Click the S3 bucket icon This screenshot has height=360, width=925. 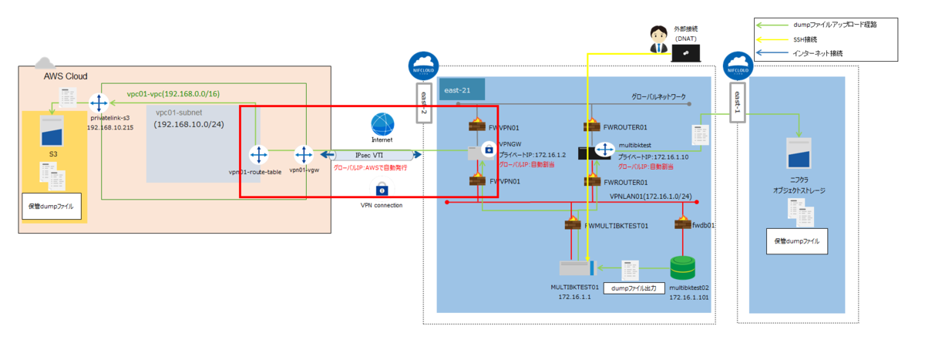coord(52,143)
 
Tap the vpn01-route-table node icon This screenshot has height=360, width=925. coord(257,153)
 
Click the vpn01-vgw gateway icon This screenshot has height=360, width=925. coord(302,153)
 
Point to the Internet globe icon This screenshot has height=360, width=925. coord(382,125)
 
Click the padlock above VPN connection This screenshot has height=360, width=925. coord(382,188)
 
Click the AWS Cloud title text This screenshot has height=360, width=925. coord(66,76)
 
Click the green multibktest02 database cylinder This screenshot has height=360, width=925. coord(682,268)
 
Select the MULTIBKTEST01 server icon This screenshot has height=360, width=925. coord(577,268)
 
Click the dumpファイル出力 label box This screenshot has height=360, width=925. coord(633,288)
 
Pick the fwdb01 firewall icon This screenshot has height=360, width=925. coord(682,224)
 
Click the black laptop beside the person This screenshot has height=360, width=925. coord(685,52)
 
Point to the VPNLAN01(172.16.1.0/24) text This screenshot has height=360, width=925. coord(649,197)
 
